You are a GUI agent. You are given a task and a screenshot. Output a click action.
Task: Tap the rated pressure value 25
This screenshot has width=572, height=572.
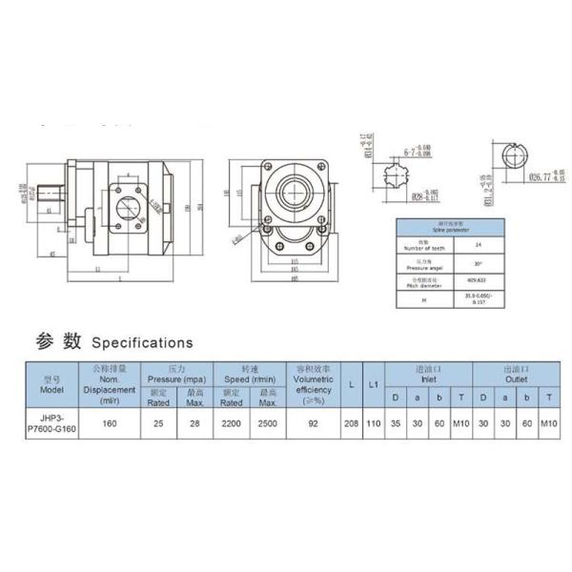click(x=159, y=421)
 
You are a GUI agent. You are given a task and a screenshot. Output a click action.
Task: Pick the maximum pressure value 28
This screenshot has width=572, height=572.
click(x=195, y=421)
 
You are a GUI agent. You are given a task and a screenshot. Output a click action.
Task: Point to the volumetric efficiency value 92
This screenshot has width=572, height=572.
click(x=313, y=421)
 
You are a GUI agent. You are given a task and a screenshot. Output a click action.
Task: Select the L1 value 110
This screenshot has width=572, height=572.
click(x=374, y=421)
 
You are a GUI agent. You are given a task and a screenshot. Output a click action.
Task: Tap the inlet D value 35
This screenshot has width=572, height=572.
click(x=395, y=421)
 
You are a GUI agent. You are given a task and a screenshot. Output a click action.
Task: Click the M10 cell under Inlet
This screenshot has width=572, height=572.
click(x=461, y=421)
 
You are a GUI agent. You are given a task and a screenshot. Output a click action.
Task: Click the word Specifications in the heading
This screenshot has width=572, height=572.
click(x=142, y=342)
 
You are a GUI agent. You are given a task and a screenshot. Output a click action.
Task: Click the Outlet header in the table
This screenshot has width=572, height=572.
click(x=516, y=372)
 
